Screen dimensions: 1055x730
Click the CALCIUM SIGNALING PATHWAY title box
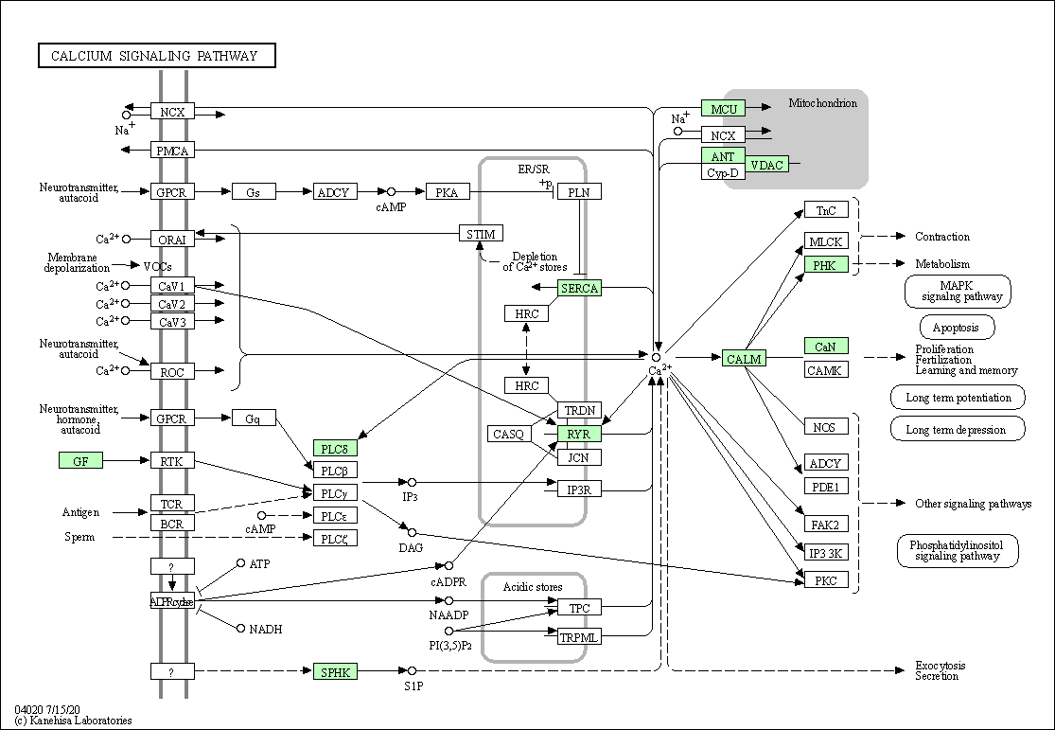click(x=157, y=56)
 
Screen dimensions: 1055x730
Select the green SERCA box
click(x=579, y=288)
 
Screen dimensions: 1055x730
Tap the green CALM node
click(x=744, y=359)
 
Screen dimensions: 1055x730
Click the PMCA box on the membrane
click(x=172, y=151)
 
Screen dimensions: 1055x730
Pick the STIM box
click(x=481, y=234)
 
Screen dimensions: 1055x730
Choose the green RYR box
click(x=579, y=435)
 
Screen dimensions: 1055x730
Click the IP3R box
click(x=579, y=490)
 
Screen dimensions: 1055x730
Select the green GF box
click(x=80, y=460)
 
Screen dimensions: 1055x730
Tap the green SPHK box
click(x=335, y=671)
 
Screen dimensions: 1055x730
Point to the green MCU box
click(x=723, y=109)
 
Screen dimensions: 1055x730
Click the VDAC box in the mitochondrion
click(x=767, y=165)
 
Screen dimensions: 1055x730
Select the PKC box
click(x=826, y=579)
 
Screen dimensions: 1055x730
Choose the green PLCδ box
click(x=335, y=449)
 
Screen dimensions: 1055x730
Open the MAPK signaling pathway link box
click(x=958, y=292)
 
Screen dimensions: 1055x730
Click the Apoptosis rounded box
click(x=957, y=328)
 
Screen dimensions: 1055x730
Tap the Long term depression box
click(x=958, y=429)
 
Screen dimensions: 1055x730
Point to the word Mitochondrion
click(x=823, y=103)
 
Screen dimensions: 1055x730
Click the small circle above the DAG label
click(x=413, y=533)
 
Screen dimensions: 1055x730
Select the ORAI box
click(x=172, y=239)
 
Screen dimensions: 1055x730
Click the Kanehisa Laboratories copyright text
click(x=74, y=721)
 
